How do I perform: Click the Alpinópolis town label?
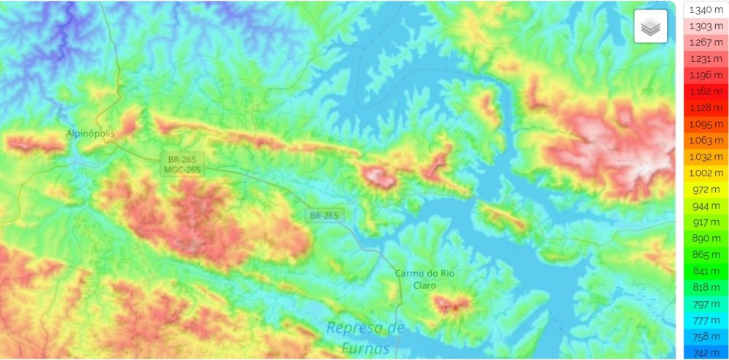pos(90,133)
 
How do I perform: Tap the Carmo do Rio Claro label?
pos(424,279)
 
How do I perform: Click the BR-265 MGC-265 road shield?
pos(182,164)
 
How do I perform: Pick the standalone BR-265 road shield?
pos(324,215)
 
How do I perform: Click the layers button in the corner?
pos(650,27)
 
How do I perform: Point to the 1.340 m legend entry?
pos(706,9)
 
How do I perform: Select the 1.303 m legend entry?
pos(706,26)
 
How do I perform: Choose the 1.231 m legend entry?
pos(706,58)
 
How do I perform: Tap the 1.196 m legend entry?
pos(706,75)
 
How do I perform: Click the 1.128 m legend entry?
pos(706,108)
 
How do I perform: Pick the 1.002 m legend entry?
pos(706,173)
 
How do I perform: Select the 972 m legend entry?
pos(706,189)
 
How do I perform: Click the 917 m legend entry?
pos(706,222)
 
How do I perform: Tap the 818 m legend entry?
pos(706,288)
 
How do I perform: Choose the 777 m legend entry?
pos(706,321)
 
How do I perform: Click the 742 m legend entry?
pos(706,353)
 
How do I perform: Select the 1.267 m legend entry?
pos(706,42)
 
